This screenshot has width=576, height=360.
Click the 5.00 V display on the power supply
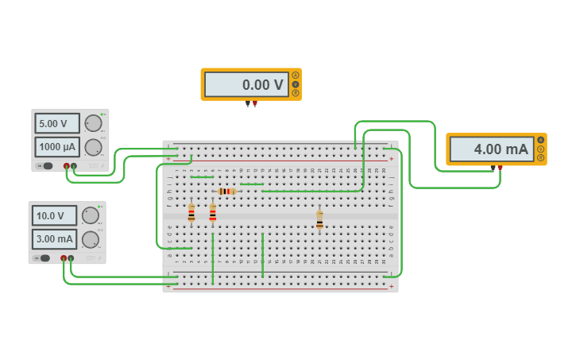click(x=56, y=123)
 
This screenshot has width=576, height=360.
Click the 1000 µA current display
click(x=56, y=147)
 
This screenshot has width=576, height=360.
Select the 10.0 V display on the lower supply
click(x=54, y=215)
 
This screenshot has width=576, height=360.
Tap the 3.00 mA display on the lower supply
click(x=54, y=238)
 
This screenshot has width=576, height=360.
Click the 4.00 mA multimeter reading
click(x=491, y=149)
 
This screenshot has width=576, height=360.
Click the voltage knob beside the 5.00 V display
click(x=93, y=123)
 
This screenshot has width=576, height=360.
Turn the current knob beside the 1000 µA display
click(x=93, y=147)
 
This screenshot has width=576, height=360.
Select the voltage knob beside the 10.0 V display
click(x=91, y=215)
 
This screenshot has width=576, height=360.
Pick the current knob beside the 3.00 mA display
click(x=91, y=238)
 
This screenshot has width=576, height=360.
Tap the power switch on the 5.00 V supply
click(x=47, y=166)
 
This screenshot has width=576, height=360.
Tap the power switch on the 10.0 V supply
click(x=44, y=258)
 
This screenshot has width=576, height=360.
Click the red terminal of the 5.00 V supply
click(x=67, y=166)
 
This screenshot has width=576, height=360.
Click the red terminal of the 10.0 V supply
click(x=64, y=258)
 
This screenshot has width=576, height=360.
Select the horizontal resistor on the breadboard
click(x=226, y=192)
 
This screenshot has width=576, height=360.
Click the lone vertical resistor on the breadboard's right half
click(x=319, y=219)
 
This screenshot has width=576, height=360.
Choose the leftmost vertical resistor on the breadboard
click(x=191, y=213)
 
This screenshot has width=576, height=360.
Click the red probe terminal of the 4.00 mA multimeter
click(x=500, y=168)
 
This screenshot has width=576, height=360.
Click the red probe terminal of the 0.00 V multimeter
click(x=254, y=103)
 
